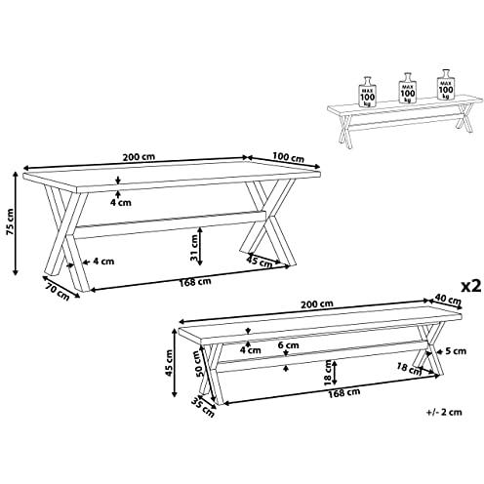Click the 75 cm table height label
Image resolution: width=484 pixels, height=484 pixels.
pyautogui.click(x=10, y=222)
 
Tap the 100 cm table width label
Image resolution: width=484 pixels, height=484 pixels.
pyautogui.click(x=288, y=157)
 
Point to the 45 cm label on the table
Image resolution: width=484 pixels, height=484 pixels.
pyautogui.click(x=260, y=262)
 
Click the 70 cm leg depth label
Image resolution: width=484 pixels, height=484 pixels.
pyautogui.click(x=59, y=292)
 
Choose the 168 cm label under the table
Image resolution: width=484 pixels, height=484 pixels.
pyautogui.click(x=195, y=282)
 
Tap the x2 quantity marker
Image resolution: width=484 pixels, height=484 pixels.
pyautogui.click(x=471, y=286)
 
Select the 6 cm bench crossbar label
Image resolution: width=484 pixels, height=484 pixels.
pyautogui.click(x=288, y=345)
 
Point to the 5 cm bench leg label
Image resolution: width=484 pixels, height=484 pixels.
pyautogui.click(x=456, y=351)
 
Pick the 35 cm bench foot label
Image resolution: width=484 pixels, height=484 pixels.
pyautogui.click(x=203, y=407)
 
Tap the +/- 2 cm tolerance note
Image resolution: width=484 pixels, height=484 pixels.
pyautogui.click(x=444, y=412)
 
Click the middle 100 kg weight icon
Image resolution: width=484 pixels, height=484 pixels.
pyautogui.click(x=408, y=88)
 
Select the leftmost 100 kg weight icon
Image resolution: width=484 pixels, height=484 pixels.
pyautogui.click(x=367, y=92)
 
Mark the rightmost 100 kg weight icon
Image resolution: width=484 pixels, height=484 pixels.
pyautogui.click(x=446, y=84)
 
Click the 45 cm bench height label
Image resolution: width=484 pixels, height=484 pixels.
pyautogui.click(x=169, y=363)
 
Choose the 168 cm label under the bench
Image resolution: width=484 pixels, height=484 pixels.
pyautogui.click(x=344, y=392)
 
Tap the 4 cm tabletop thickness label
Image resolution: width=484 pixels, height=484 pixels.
pyautogui.click(x=121, y=202)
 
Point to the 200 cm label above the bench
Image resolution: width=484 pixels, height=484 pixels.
pyautogui.click(x=317, y=304)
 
